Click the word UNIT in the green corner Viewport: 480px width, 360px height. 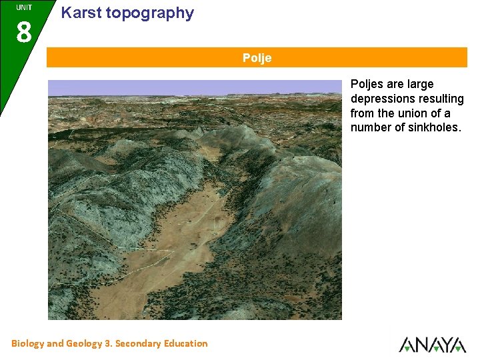coord(24,7)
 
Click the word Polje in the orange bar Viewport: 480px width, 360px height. coord(257,58)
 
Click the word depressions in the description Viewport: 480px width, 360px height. coord(382,99)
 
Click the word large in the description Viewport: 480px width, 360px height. coord(419,84)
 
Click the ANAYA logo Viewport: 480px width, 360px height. coord(432,344)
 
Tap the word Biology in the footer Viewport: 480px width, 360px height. coord(27,343)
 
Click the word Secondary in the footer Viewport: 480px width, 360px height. coord(139,343)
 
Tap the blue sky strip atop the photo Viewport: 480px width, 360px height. coord(193,86)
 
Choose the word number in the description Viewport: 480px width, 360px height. coord(371,127)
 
